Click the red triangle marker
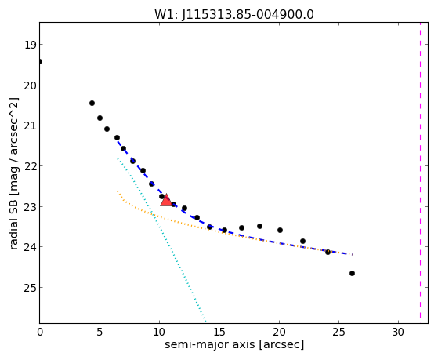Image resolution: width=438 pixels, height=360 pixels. point(166,200)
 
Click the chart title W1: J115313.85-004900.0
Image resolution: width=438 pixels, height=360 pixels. point(234,15)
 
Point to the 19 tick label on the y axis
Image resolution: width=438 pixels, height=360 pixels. point(30,45)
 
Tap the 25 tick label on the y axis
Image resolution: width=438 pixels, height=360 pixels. point(30,288)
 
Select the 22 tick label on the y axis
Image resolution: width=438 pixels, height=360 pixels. point(30,166)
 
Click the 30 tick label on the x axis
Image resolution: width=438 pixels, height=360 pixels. point(398,332)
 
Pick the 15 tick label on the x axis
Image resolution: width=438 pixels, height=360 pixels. point(219,332)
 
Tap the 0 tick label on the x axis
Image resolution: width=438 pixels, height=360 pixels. point(40,332)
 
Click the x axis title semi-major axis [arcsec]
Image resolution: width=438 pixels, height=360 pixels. point(234,344)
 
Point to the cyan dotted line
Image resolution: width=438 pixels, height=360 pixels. point(161,240)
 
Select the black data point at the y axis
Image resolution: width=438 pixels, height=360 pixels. point(40,61)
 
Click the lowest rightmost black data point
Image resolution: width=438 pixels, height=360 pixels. point(352,273)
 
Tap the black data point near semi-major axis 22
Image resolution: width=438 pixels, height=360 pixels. point(302,241)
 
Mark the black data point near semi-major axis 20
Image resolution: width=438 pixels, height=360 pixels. point(280,231)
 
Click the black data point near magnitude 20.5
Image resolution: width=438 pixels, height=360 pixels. point(92,104)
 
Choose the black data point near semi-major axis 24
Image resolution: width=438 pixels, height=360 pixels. point(328,252)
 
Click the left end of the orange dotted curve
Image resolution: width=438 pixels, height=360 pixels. point(118,191)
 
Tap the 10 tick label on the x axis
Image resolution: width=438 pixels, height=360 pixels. point(159,332)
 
